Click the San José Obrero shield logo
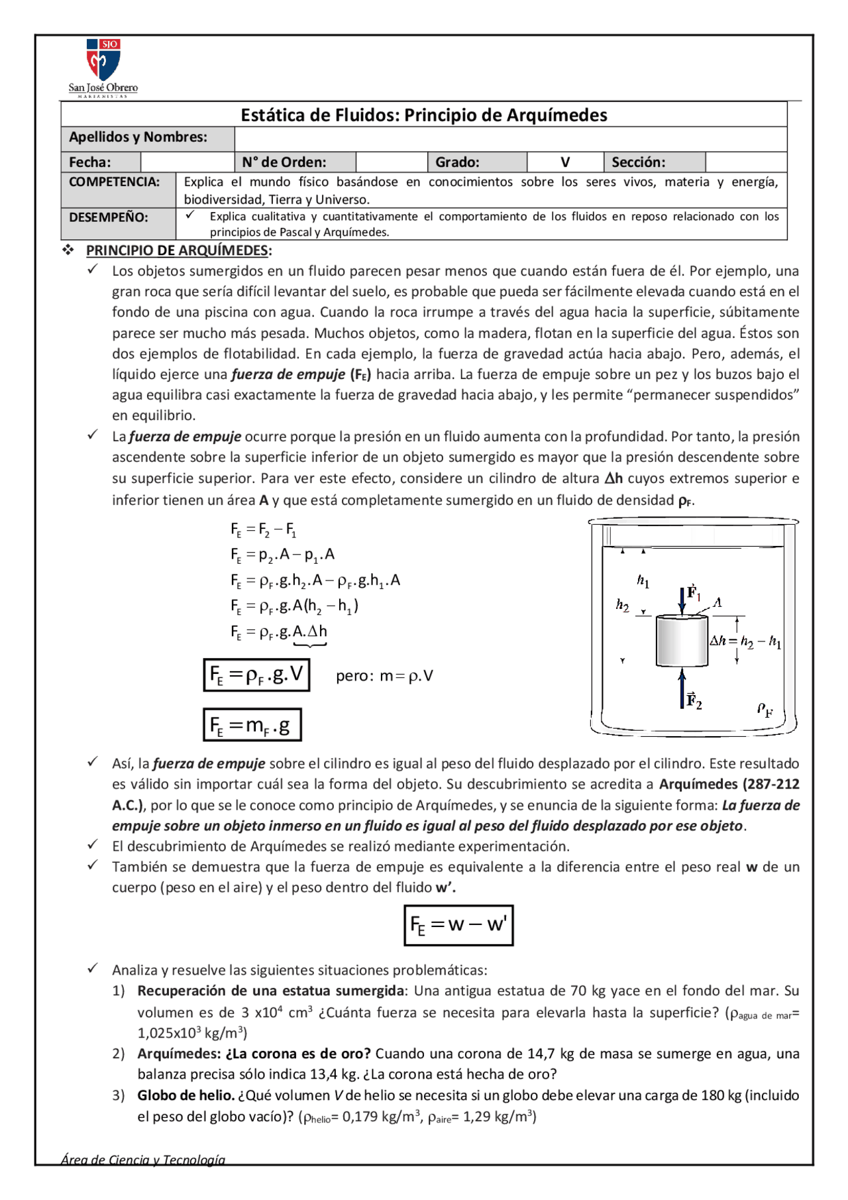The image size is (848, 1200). [103, 60]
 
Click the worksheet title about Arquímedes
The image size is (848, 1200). [424, 115]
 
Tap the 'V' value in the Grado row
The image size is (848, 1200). [565, 162]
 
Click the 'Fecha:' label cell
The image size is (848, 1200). [100, 162]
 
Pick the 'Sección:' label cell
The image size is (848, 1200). [654, 162]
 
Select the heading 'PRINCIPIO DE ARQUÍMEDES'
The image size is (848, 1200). [178, 250]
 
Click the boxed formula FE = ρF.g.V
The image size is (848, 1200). [256, 675]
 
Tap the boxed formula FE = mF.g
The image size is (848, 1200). [252, 725]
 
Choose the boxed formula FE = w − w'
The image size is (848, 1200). [458, 925]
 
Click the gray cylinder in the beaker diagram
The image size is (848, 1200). [682, 641]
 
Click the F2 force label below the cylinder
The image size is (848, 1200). [694, 700]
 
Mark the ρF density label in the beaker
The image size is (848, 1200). [765, 710]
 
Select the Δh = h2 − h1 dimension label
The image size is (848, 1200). [746, 641]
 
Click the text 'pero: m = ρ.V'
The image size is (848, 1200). [384, 676]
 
